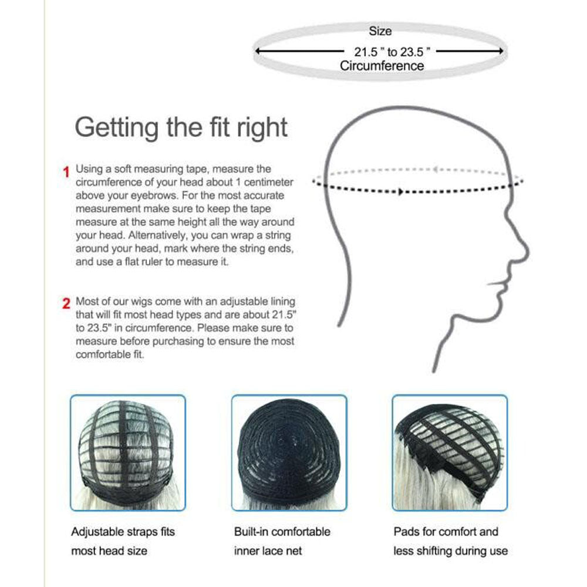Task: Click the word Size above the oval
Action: pos(380,31)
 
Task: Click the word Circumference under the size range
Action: pos(382,66)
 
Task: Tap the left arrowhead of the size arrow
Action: pos(258,50)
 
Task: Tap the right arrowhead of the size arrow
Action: pos(501,50)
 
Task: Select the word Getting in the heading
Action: pos(117,128)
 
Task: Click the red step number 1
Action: pos(66,172)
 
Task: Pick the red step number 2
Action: pos(66,303)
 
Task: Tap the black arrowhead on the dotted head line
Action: pos(400,192)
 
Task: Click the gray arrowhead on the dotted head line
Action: pos(434,170)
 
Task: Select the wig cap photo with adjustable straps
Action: pos(128,453)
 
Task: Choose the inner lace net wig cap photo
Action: pos(289,453)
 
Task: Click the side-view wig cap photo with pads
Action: pos(450,453)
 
